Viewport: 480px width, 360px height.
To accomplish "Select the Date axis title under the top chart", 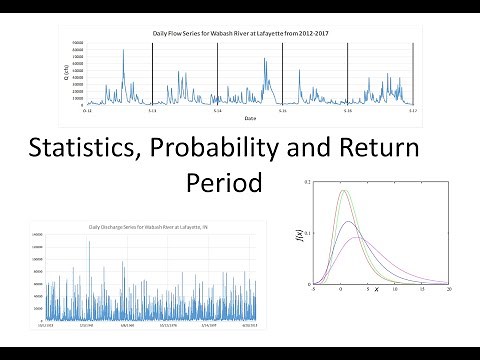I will [247, 118].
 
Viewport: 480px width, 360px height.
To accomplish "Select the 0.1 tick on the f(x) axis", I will [308, 233].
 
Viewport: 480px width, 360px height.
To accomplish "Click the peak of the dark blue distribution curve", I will [347, 222].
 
